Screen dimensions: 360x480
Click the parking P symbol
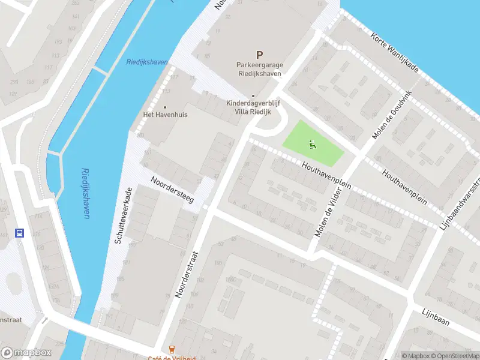259,55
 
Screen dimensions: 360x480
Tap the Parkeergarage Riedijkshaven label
259,70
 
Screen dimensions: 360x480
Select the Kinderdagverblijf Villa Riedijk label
253,107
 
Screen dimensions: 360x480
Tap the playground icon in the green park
311,143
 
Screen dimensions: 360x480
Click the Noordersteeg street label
173,189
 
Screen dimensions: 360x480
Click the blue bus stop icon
20,233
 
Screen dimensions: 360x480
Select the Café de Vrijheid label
173,357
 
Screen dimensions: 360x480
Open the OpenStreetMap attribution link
454,356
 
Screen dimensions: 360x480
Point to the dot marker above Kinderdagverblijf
253,95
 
